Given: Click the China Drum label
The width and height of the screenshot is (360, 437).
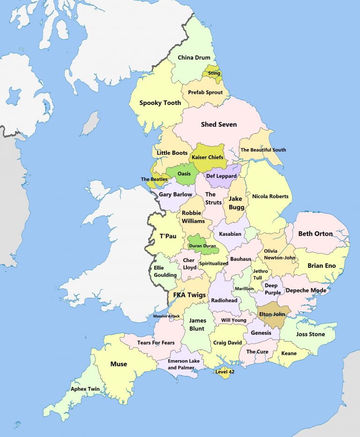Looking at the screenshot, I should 194,58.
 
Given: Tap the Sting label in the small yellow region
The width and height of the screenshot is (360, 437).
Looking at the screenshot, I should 214,73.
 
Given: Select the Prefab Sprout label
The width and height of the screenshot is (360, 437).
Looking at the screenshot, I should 205,92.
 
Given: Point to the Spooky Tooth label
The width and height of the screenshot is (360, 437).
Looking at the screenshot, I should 160,103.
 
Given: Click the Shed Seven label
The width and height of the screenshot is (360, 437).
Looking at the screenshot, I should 219,124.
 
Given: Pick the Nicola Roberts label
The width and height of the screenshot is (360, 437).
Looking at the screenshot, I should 270,196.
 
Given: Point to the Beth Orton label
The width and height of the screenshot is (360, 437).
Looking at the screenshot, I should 315,234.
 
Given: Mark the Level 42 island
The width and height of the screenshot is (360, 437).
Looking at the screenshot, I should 225,372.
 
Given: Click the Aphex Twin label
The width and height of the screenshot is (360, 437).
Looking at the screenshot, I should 85,389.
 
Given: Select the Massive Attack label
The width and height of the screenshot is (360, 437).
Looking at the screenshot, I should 166,316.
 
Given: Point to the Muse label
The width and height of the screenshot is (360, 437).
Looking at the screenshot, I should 119,364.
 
